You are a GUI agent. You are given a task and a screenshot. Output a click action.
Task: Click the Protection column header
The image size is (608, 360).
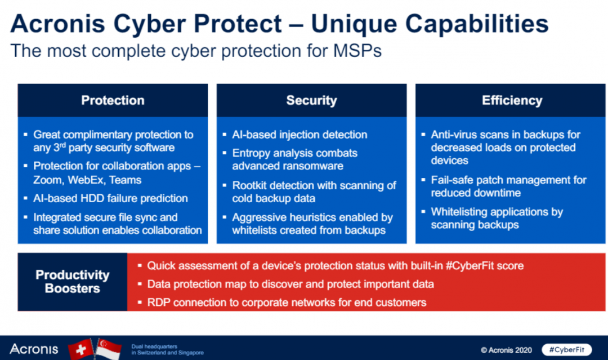(113, 100)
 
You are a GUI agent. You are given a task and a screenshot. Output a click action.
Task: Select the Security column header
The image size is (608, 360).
(311, 100)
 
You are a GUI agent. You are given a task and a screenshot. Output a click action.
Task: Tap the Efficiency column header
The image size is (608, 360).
(512, 100)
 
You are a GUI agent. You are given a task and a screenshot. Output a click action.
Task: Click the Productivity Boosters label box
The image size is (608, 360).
(72, 282)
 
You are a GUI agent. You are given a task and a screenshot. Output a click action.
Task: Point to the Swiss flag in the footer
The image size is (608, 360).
(81, 348)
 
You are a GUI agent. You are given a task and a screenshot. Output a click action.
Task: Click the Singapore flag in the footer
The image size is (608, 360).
(109, 348)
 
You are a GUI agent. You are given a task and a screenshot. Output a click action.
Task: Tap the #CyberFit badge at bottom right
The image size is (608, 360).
(570, 349)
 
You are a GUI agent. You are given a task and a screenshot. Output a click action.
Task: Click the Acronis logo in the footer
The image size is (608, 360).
(34, 349)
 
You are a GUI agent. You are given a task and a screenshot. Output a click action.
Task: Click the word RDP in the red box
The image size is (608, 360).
(158, 303)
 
